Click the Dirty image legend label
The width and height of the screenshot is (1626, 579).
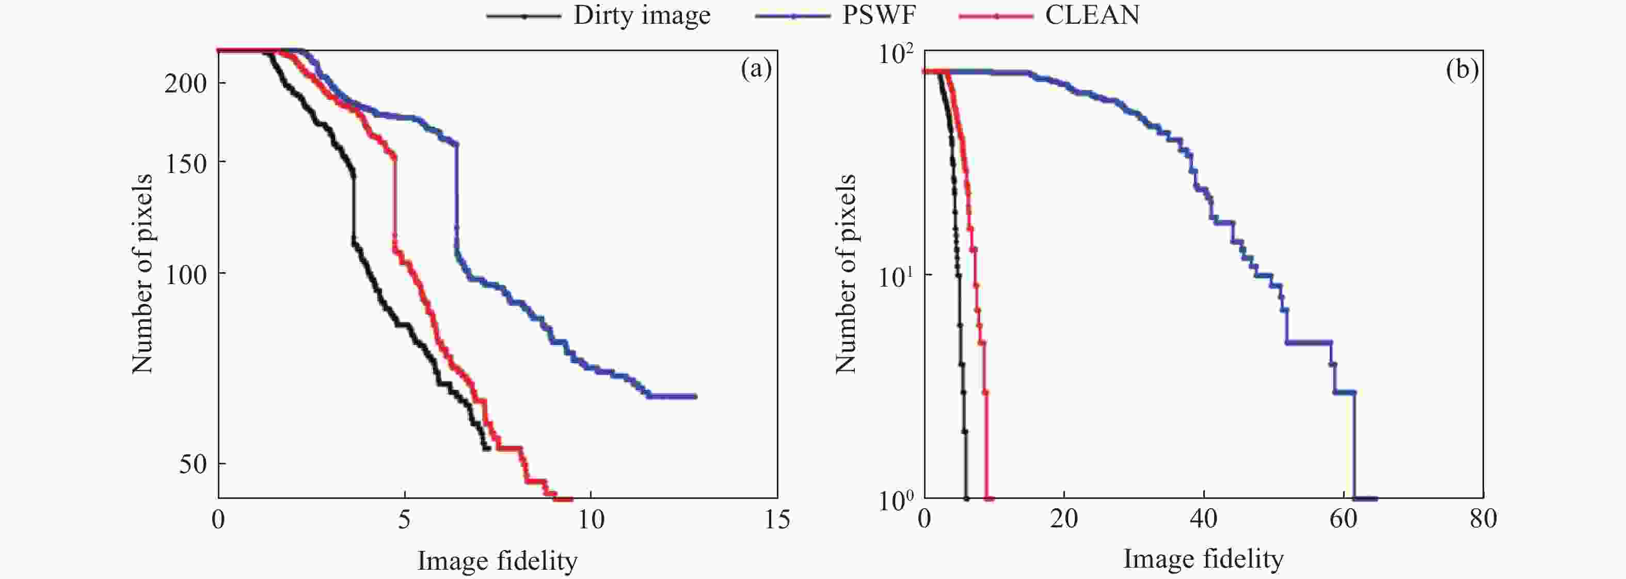(641, 15)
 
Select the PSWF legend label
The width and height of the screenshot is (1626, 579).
(878, 15)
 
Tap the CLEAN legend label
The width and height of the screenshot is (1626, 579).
(1092, 15)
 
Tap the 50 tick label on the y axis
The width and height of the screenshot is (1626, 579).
(192, 464)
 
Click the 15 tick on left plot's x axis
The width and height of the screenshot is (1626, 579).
(777, 519)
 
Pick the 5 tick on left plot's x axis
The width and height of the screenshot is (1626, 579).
(404, 519)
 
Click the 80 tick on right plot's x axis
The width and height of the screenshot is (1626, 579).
(1482, 519)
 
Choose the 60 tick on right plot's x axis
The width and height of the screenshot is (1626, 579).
(1343, 519)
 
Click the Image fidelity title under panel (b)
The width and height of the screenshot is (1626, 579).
(1203, 559)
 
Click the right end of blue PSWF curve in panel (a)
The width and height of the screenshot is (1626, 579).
(695, 397)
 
